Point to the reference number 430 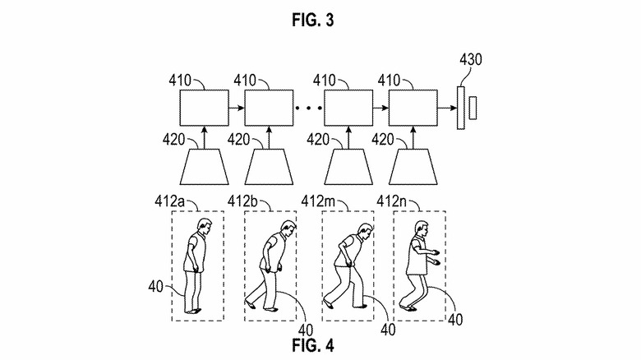click(471, 59)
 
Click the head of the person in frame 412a click(200, 227)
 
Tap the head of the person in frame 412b click(286, 228)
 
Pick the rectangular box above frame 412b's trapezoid click(268, 108)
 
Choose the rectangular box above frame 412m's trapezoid click(349, 108)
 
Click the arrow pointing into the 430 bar click(447, 108)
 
